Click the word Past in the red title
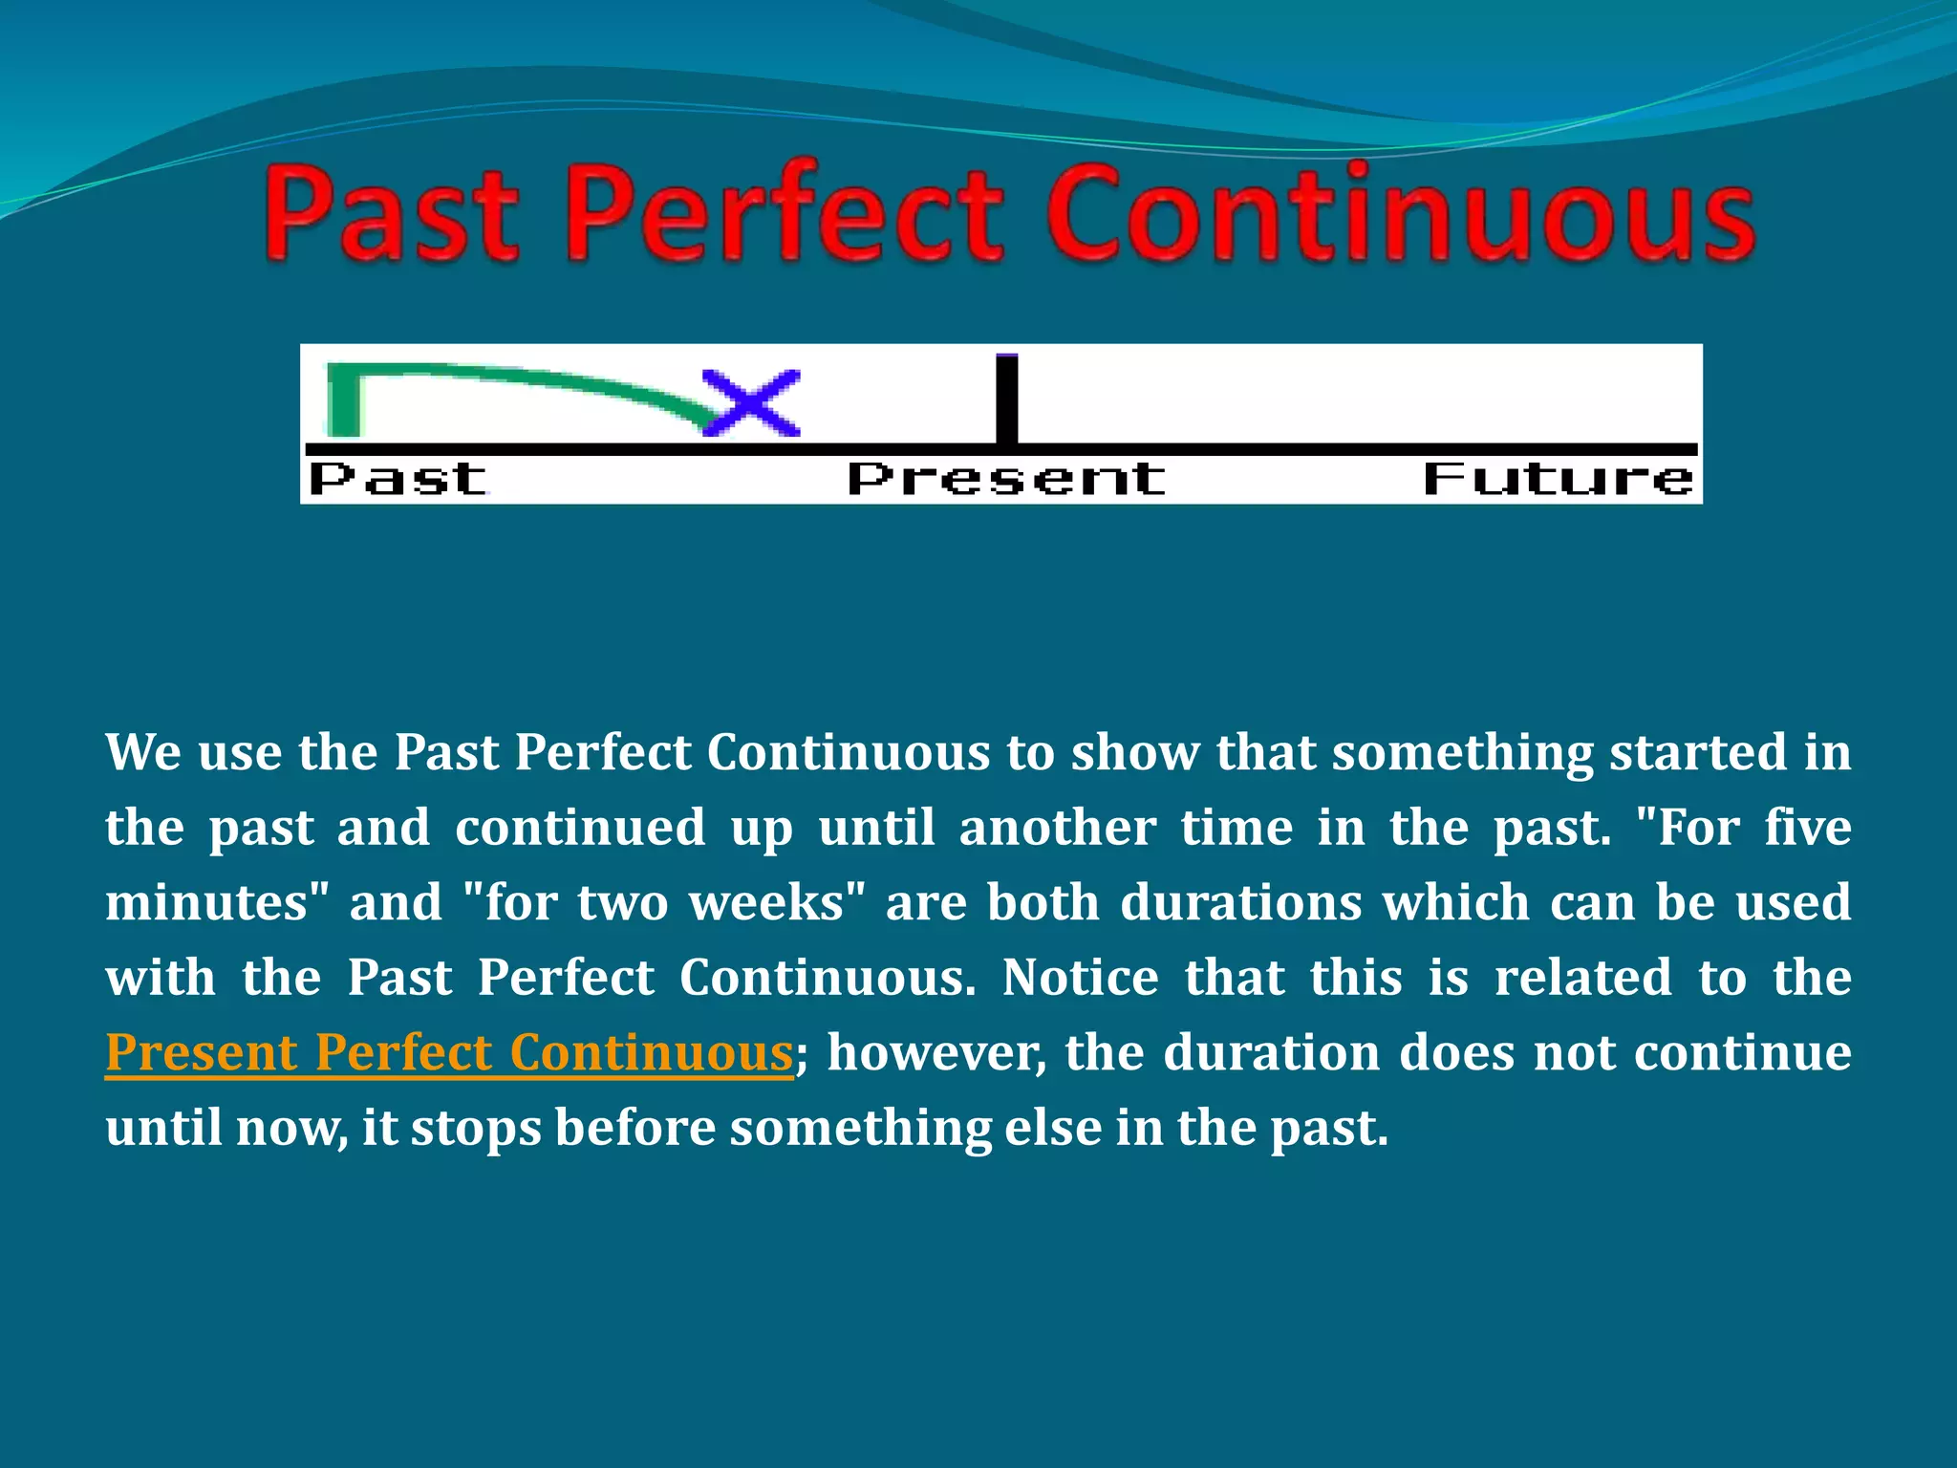pos(392,215)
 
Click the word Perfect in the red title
pos(784,215)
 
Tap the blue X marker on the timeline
pos(751,402)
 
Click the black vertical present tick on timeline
pos(1006,399)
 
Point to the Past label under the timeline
pos(398,478)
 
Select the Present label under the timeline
pos(1006,478)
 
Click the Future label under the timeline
pos(1559,478)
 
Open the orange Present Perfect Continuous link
pos(449,1053)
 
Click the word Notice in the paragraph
pos(1080,978)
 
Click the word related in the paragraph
pos(1582,978)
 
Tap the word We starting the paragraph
pos(142,753)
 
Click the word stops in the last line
pos(476,1129)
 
